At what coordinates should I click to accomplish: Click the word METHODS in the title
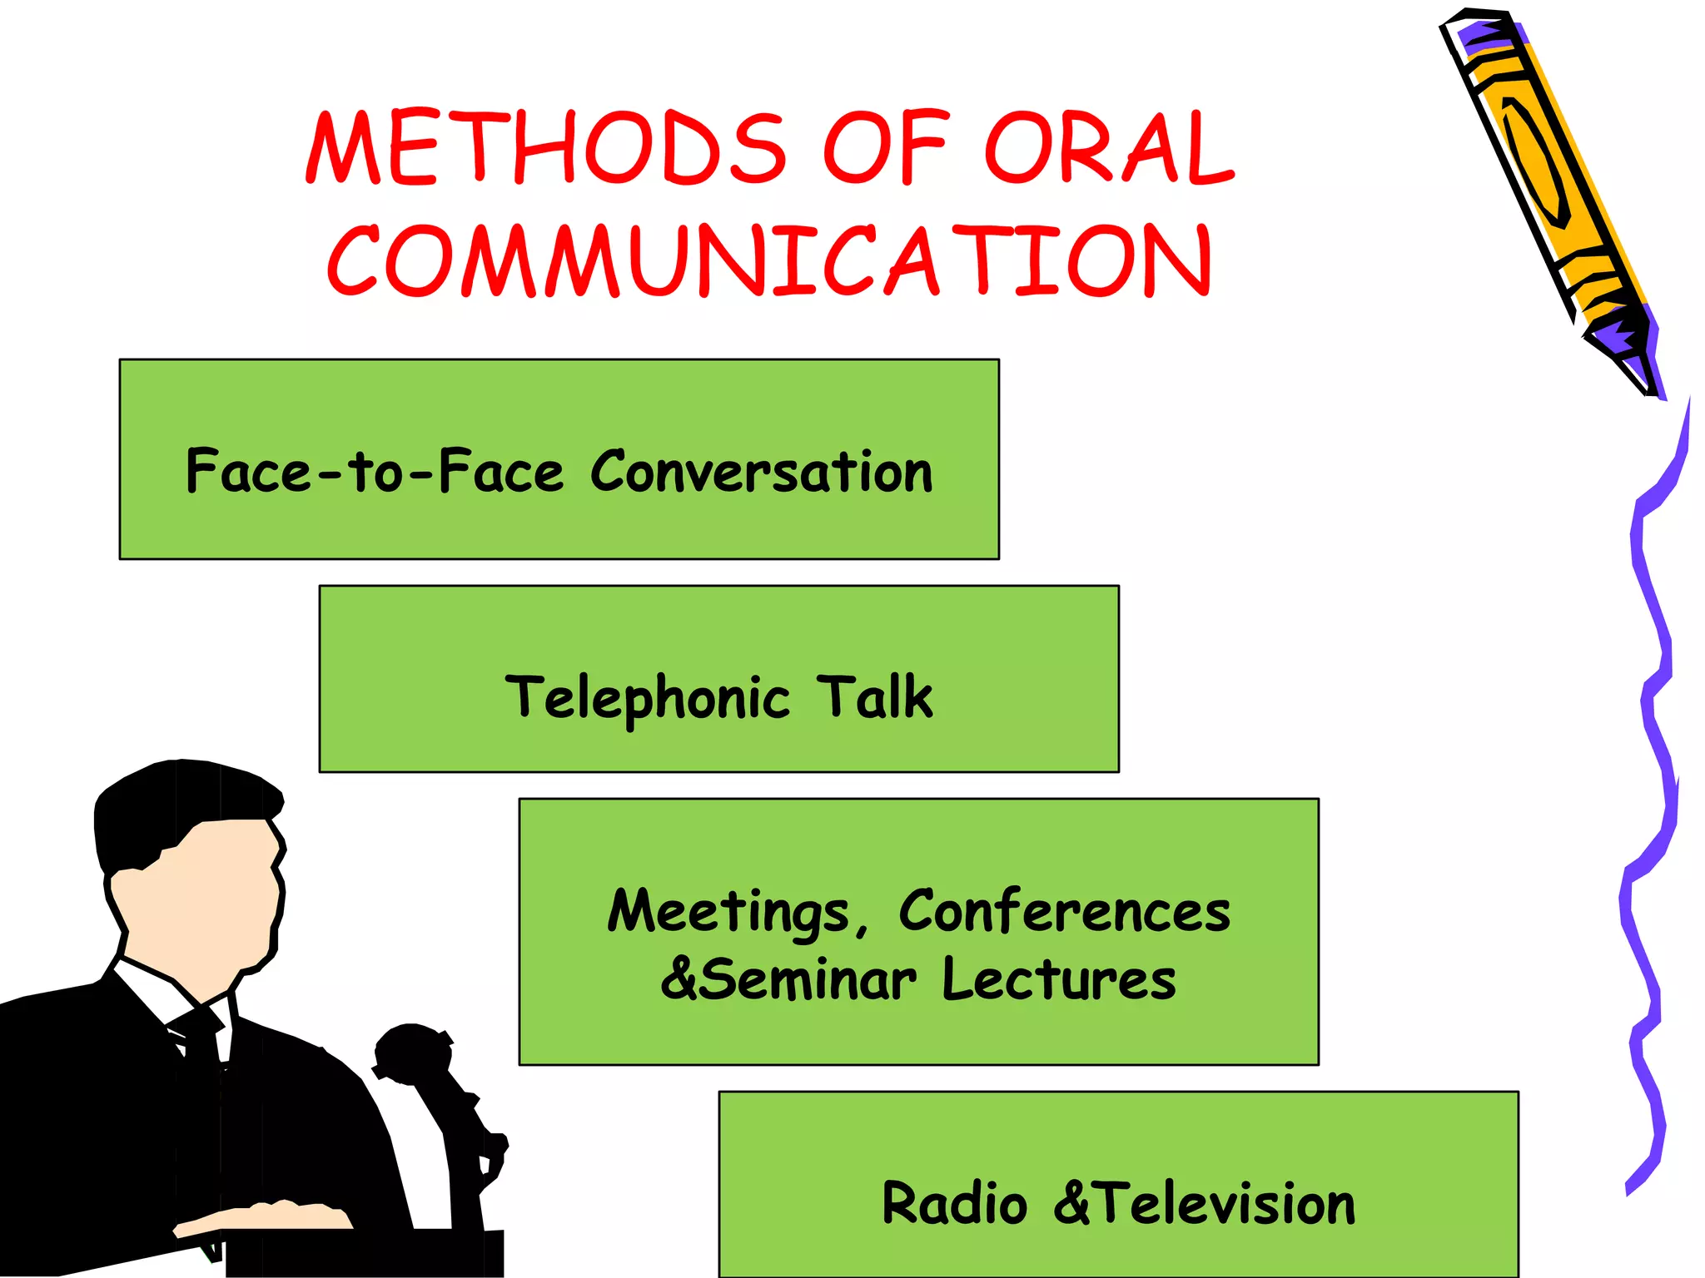pyautogui.click(x=545, y=148)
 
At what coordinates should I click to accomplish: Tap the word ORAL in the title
pyautogui.click(x=1107, y=148)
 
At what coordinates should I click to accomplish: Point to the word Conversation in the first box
pyautogui.click(x=762, y=472)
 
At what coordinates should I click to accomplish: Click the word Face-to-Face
pyautogui.click(x=375, y=472)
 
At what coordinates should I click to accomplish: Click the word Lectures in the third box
pyautogui.click(x=1059, y=979)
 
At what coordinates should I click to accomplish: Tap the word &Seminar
pyautogui.click(x=788, y=979)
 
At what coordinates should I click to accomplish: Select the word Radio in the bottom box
pyautogui.click(x=954, y=1204)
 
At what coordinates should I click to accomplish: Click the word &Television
pyautogui.click(x=1205, y=1204)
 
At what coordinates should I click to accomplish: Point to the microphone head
pyautogui.click(x=412, y=1053)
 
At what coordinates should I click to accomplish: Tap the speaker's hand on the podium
pyautogui.click(x=266, y=1216)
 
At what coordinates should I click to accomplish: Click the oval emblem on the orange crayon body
pyautogui.click(x=1536, y=162)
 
